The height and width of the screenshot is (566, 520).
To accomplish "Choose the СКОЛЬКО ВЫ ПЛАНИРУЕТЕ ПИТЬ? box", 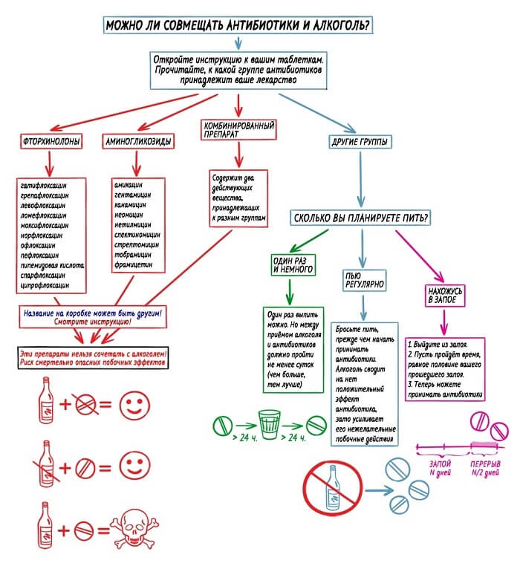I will pos(362,218).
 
